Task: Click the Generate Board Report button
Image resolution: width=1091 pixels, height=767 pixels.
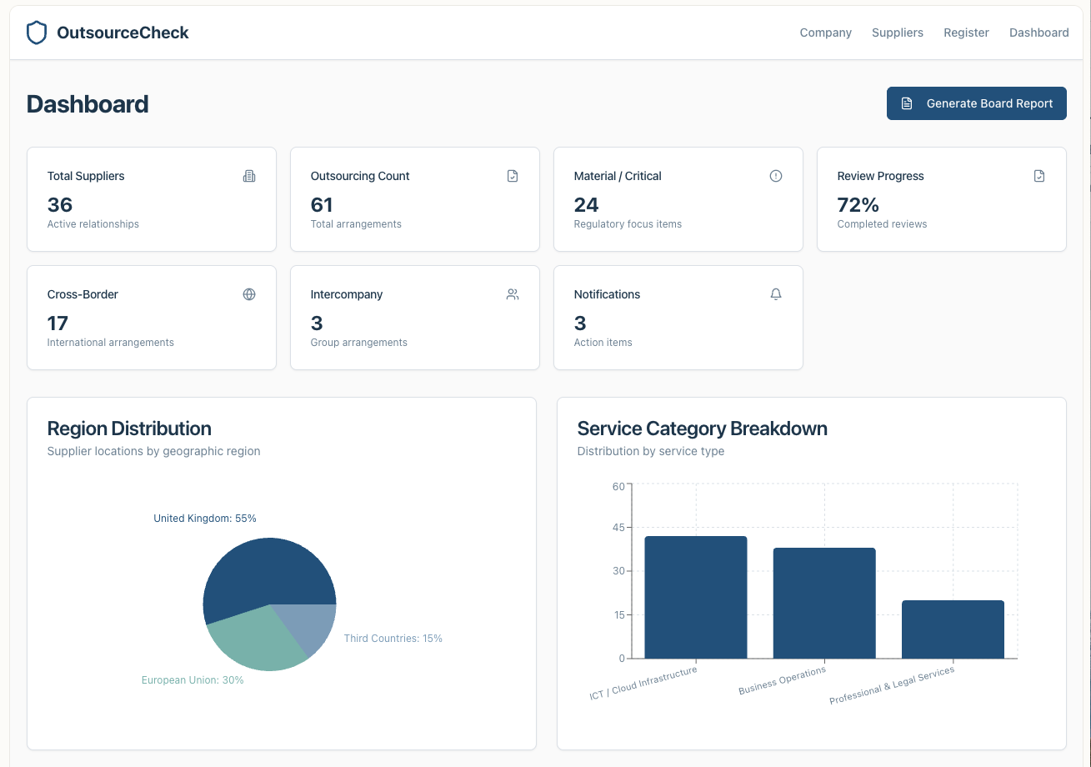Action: point(976,103)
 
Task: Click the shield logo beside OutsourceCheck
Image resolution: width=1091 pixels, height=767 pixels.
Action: point(37,33)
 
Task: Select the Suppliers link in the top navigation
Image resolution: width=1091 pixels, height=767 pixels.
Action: point(897,33)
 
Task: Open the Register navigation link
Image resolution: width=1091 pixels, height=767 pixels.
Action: point(966,33)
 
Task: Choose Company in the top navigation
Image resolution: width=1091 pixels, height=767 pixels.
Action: point(826,33)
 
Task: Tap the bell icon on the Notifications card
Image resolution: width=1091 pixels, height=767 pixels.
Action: point(775,293)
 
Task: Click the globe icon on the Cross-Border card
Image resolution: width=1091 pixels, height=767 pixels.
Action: point(249,293)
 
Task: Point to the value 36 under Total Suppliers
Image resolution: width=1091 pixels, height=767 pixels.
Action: point(60,204)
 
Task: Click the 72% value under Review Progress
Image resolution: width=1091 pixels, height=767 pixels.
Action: point(858,204)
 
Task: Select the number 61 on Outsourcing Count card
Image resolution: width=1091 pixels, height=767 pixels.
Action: point(322,204)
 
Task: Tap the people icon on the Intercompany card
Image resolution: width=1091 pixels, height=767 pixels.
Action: point(513,293)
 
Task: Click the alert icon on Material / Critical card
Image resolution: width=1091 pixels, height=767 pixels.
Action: point(775,175)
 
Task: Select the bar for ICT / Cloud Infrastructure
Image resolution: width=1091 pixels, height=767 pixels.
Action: point(695,597)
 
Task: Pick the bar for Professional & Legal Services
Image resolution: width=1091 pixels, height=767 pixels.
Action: point(953,629)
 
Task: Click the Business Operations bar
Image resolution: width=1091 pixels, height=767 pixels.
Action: point(824,603)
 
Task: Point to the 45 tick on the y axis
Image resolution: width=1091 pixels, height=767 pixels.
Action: point(618,527)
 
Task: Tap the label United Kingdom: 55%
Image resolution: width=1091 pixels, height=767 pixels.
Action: point(204,518)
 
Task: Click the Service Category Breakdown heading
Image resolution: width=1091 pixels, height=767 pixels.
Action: point(702,429)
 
